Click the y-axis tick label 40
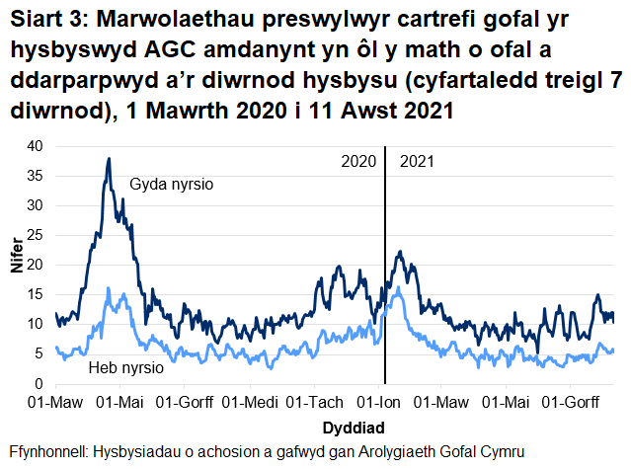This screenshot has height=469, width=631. (x=35, y=145)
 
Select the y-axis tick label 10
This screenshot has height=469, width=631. (x=35, y=324)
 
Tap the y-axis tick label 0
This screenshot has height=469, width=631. (x=39, y=383)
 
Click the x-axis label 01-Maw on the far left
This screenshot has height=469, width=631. (x=55, y=403)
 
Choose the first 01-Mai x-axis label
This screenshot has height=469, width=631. (x=121, y=403)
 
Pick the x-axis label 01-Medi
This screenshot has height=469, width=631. (x=252, y=403)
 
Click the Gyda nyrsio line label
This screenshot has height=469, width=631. (x=172, y=185)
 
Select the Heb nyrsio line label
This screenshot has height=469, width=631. (x=120, y=367)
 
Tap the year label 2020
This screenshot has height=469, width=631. (x=356, y=161)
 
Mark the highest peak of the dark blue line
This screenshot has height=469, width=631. (x=109, y=158)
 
